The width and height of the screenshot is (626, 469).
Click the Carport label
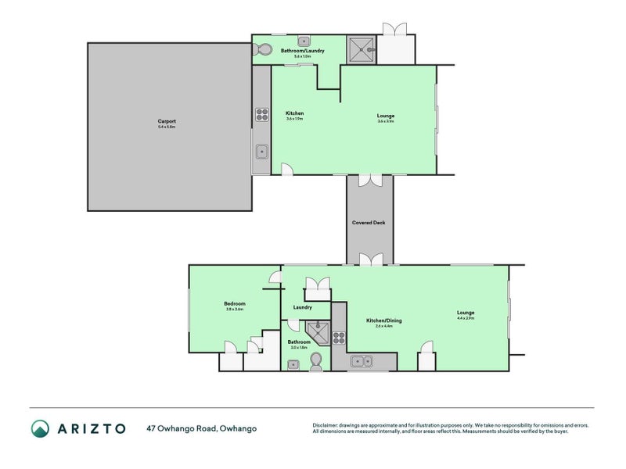tap(167, 123)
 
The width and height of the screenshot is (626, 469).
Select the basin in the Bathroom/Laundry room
tap(304, 42)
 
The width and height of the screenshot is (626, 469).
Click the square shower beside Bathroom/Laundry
tap(362, 50)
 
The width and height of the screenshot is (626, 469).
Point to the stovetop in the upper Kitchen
tap(261, 116)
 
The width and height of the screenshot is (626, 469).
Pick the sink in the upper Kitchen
tap(261, 151)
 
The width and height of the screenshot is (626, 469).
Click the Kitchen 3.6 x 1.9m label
tap(294, 116)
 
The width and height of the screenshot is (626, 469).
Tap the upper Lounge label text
tap(386, 118)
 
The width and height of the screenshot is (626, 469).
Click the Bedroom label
tap(235, 306)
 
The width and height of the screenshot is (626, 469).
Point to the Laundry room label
tap(303, 307)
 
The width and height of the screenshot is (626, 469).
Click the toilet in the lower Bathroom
tap(317, 360)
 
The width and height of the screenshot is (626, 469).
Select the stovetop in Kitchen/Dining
tap(340, 338)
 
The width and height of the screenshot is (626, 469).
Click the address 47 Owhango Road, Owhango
tap(201, 428)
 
